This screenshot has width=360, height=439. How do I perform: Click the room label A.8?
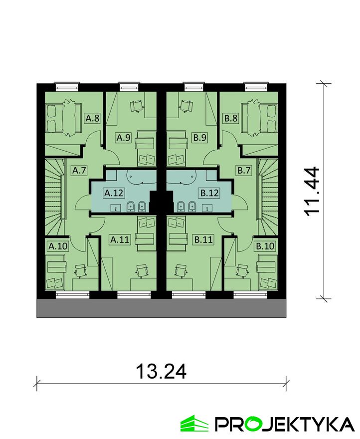click(x=92, y=118)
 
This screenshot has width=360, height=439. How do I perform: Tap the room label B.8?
click(x=231, y=118)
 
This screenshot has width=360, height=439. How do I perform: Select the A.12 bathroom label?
click(x=114, y=193)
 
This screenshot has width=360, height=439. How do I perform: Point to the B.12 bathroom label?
click(x=209, y=193)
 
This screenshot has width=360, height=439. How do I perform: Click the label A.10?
click(x=58, y=246)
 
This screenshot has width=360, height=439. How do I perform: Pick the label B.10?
click(x=265, y=246)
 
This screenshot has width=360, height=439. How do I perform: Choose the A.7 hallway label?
click(x=79, y=170)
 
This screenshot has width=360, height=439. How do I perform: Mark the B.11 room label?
click(x=203, y=239)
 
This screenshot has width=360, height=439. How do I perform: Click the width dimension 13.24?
click(x=161, y=372)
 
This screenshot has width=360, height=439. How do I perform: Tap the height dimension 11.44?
click(x=312, y=192)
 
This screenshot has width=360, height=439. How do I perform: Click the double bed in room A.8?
click(x=64, y=118)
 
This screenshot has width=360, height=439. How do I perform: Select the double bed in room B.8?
click(x=259, y=118)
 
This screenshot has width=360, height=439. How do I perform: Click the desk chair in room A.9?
click(x=137, y=106)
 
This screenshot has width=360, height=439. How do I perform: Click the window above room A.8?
click(x=67, y=87)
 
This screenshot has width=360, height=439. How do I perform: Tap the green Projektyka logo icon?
click(x=194, y=424)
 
